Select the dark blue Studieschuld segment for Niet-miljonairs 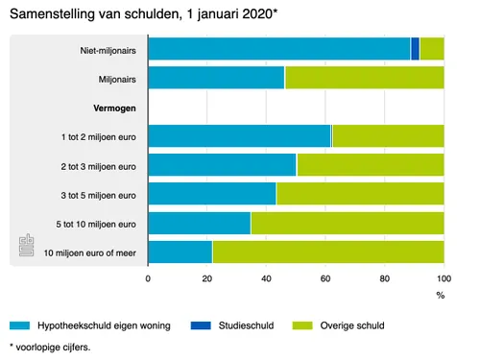(415, 49)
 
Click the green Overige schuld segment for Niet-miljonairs (432, 49)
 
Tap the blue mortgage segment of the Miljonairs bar (216, 78)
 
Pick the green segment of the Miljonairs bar (364, 78)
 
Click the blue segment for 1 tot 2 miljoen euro (240, 136)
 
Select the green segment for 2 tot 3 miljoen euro (371, 165)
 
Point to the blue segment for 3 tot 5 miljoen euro (212, 193)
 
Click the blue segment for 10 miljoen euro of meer (180, 252)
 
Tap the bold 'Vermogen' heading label (114, 108)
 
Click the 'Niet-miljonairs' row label (108, 50)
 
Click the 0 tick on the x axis (149, 278)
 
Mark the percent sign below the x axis (441, 295)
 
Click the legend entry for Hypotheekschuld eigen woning (91, 326)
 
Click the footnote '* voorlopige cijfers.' (49, 347)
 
